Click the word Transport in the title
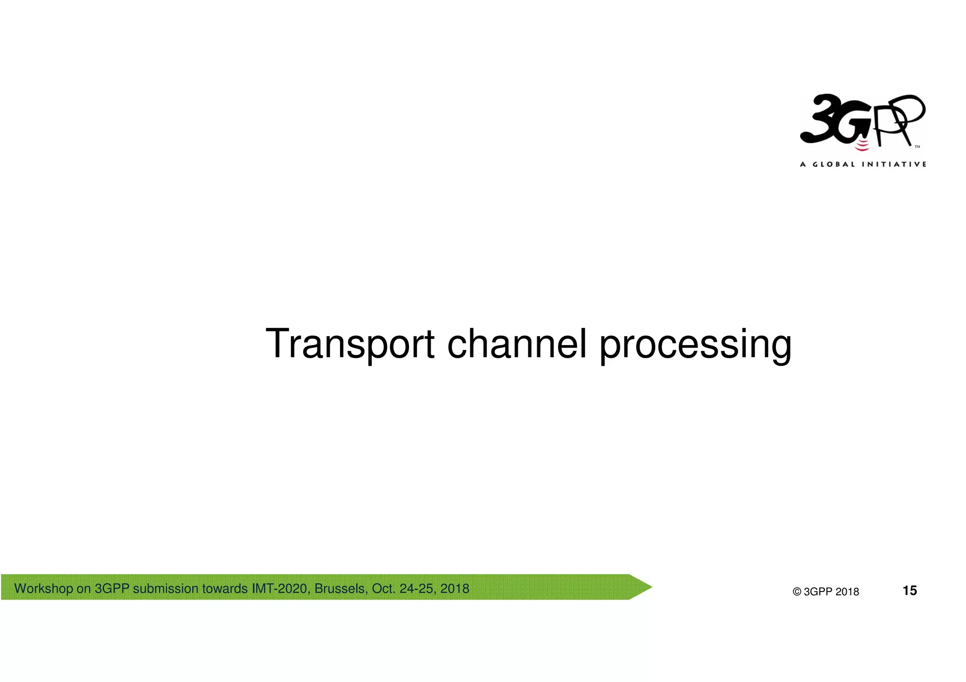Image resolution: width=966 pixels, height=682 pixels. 350,344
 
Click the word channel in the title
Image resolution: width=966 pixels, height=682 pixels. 517,344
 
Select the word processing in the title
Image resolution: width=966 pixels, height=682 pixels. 695,345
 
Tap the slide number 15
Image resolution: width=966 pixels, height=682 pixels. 909,591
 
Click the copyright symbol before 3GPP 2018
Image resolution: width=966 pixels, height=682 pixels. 797,592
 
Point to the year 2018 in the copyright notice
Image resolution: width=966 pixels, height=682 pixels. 847,592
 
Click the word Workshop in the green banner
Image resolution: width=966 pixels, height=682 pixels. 43,589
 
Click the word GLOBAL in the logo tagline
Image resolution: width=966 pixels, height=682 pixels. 834,164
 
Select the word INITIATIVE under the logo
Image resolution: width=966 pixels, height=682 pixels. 894,164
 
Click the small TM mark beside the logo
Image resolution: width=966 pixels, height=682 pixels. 917,147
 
